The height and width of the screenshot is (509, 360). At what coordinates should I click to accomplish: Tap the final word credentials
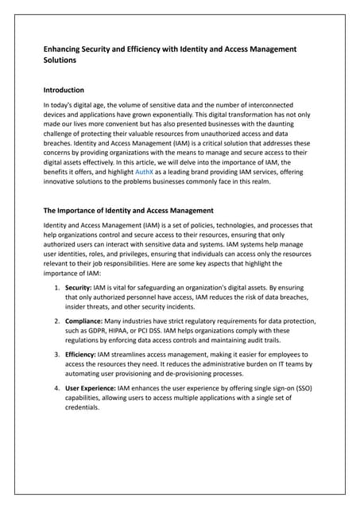pos(83,407)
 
